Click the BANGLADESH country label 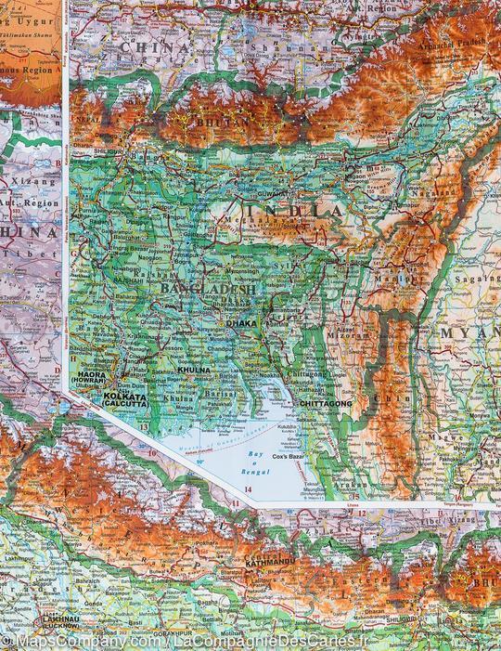207,290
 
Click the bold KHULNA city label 195,371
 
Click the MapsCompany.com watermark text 88,642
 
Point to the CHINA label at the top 154,45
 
